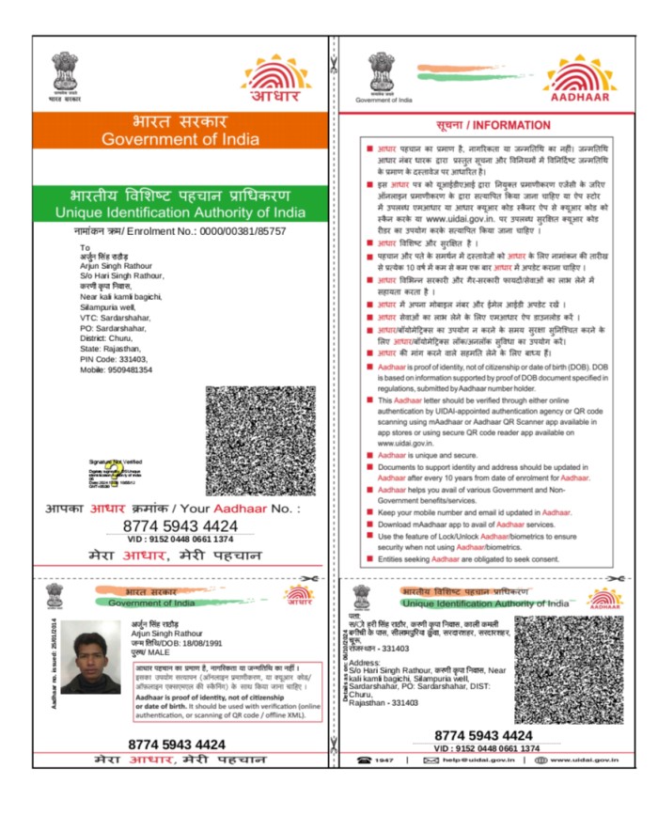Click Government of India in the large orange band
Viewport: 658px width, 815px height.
tap(182, 139)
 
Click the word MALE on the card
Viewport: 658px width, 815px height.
tap(169, 653)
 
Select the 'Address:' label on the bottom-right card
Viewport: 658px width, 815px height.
tap(376, 661)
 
